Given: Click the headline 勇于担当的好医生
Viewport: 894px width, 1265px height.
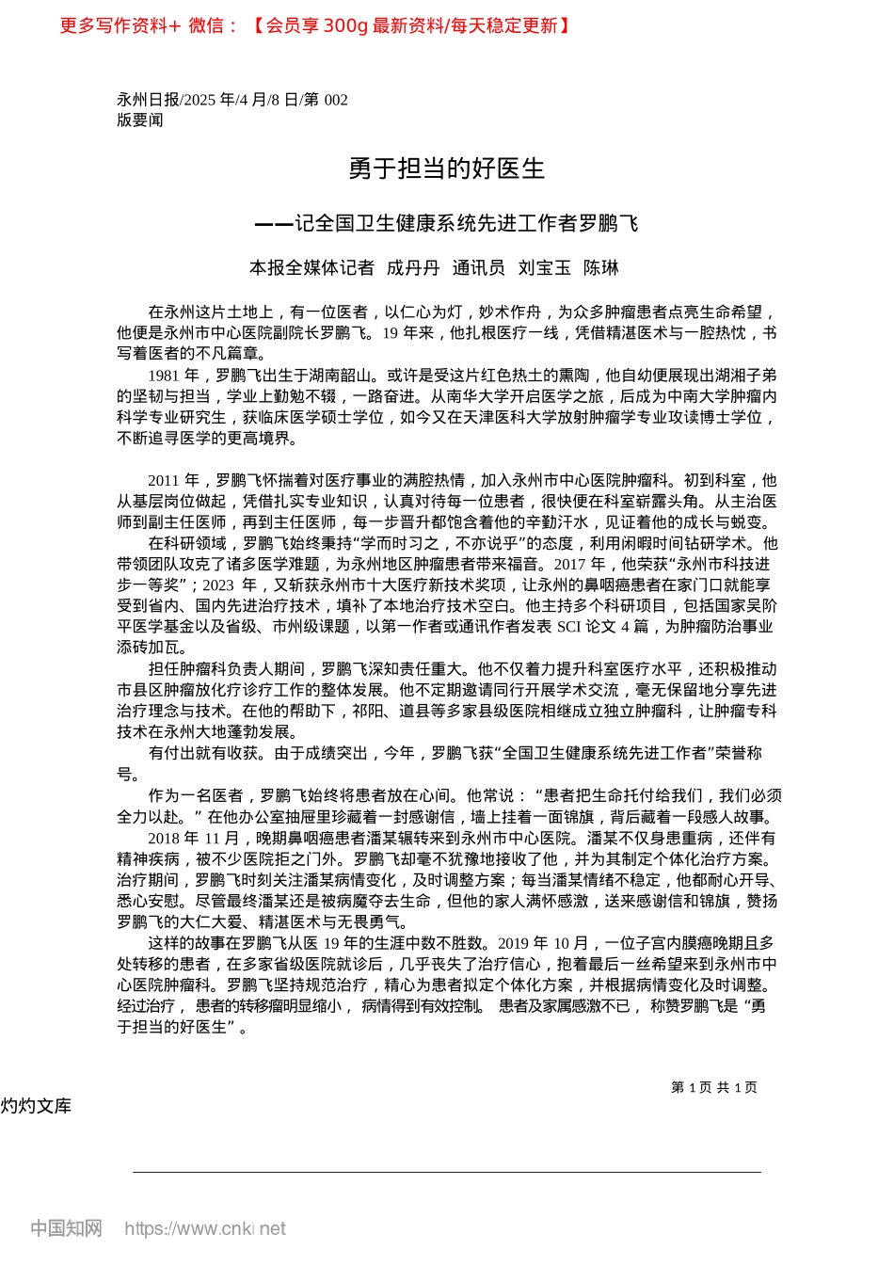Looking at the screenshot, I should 446,168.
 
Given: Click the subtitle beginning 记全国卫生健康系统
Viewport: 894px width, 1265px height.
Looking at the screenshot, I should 466,223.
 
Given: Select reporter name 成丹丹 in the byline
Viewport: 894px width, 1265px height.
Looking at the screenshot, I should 413,268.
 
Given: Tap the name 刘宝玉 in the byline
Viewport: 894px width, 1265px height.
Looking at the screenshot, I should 544,268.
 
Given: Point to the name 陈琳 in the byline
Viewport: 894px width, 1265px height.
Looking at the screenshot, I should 601,268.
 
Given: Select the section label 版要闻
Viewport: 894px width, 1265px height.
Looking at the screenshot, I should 139,120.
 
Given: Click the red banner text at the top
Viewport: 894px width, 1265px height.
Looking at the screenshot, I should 315,25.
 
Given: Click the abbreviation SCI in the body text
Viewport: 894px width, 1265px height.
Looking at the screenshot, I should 569,627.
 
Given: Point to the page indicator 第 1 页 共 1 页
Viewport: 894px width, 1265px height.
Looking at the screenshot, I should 714,1087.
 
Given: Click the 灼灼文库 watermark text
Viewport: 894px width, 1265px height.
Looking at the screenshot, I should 37,1106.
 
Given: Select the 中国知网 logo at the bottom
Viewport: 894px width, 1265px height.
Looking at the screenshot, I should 66,1228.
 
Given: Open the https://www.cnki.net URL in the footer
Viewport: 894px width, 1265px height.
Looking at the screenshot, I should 205,1228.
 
